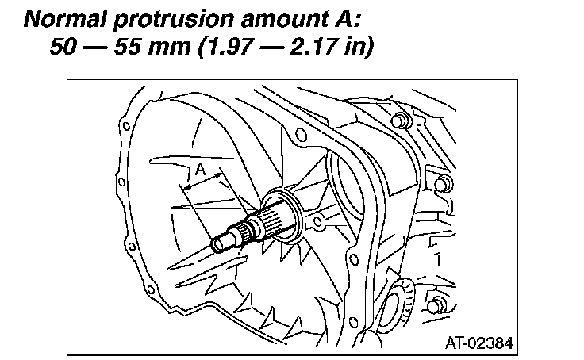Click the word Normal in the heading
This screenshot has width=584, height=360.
[x=66, y=19]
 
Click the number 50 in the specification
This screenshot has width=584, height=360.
[x=63, y=47]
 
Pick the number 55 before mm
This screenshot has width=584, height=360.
[x=128, y=47]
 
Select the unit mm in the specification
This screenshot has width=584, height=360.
[x=169, y=49]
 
